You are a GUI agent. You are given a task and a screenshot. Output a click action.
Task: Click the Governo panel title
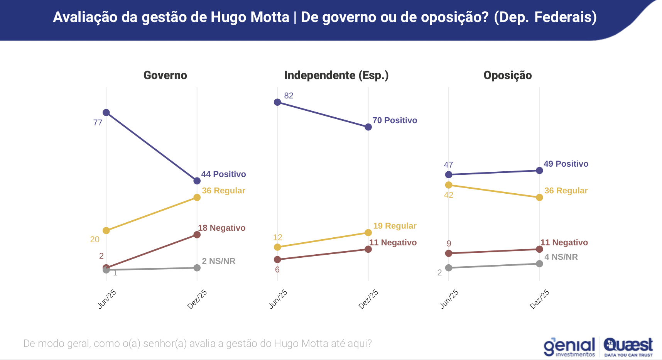tap(165, 75)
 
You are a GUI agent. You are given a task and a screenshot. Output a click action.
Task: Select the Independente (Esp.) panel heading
tap(336, 75)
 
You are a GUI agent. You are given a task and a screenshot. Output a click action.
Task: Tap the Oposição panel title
tap(507, 75)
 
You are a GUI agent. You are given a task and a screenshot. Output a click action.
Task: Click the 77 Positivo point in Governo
tap(106, 113)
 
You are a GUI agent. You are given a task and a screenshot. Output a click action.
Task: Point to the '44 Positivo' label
tap(223, 174)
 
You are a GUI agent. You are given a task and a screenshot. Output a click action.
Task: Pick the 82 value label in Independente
tap(289, 96)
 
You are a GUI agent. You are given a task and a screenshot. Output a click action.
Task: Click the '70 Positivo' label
tap(395, 120)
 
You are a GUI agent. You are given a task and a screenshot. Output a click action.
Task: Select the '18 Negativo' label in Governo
tap(221, 228)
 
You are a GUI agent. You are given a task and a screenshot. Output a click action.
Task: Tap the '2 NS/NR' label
tap(218, 261)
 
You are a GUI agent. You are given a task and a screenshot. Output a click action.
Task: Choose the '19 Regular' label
tap(395, 226)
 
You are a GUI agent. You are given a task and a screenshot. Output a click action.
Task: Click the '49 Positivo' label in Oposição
tap(566, 164)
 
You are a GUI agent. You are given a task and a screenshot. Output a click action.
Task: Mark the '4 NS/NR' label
tap(561, 257)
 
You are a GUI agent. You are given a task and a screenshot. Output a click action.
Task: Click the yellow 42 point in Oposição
tap(449, 185)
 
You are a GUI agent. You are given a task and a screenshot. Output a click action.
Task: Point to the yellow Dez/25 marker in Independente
tap(368, 233)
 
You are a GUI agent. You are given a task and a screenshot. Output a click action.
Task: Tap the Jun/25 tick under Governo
tap(107, 299)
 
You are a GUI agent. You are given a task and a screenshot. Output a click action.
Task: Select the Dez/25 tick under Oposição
tap(540, 299)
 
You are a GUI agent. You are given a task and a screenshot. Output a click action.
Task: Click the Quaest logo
tap(628, 346)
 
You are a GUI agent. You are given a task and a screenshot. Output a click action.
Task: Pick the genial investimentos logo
tap(569, 346)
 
